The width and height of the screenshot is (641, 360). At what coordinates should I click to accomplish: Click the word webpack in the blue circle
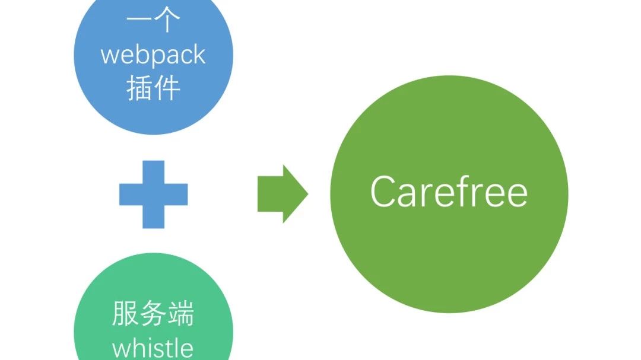tap(153, 56)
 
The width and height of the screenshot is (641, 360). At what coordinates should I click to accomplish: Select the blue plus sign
tap(153, 195)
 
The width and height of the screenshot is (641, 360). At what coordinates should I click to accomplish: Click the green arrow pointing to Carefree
tap(283, 194)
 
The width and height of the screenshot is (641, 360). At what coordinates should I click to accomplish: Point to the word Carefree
tap(449, 191)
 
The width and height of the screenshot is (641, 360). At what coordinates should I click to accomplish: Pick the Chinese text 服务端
tap(153, 313)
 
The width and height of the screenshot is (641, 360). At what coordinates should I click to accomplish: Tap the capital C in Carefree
tap(384, 192)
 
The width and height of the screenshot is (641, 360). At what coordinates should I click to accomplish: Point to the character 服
tap(125, 313)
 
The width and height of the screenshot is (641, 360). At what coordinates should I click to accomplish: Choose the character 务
tap(153, 313)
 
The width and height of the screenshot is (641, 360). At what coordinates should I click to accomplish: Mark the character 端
tap(181, 313)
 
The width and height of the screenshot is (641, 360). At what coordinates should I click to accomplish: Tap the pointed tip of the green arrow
tap(308, 194)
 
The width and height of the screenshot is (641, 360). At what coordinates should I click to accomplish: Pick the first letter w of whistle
tap(121, 350)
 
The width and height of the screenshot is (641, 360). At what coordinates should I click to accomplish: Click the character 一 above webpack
tap(139, 19)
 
